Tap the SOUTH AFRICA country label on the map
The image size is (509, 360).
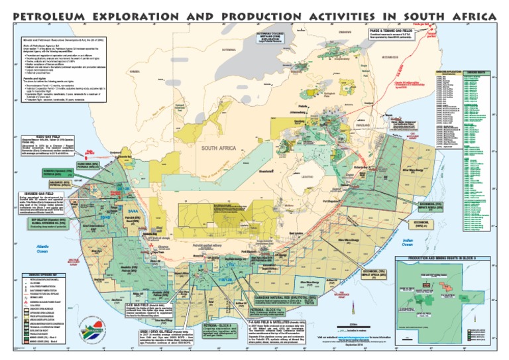point(221,149)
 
